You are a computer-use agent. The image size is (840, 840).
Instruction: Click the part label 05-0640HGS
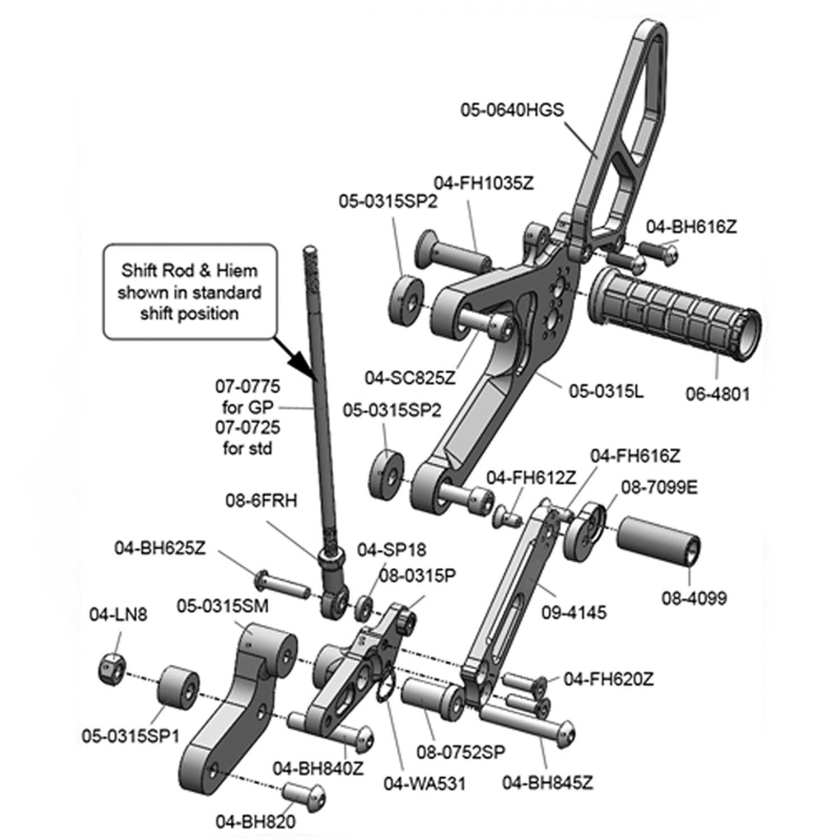coord(512,109)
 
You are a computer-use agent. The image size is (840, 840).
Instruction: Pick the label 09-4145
coord(574,612)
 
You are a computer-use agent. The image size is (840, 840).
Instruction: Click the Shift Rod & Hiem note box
coord(189,292)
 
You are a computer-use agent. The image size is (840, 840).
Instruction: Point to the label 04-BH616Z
coord(691,227)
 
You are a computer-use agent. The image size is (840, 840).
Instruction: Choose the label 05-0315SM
coord(223,605)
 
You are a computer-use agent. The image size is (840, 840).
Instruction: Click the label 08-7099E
coord(659,488)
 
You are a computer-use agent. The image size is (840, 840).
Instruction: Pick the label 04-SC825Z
coord(410,377)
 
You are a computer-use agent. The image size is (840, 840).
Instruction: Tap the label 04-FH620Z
coord(609,679)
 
